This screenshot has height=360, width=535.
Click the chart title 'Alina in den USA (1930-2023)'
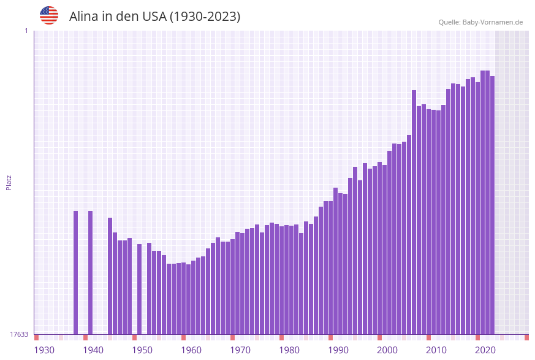point(154,17)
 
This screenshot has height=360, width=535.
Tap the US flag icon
point(49,15)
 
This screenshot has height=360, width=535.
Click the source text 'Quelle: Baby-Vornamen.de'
point(480,22)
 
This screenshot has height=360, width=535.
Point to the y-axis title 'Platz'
point(9,182)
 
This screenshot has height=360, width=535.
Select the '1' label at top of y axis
point(26,31)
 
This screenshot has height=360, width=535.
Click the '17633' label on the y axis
point(19,334)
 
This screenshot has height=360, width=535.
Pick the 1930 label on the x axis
point(44,350)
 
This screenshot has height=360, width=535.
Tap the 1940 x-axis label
point(93,350)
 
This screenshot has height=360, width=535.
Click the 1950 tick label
point(142,350)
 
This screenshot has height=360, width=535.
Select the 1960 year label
point(191,350)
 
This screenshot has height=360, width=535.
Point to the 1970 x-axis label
point(240,350)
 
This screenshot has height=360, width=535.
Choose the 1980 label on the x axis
point(289,350)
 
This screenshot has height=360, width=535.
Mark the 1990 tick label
point(338,350)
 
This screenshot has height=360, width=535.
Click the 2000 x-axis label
point(387,350)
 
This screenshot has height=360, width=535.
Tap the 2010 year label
point(436,350)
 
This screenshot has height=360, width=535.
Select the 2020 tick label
point(485,350)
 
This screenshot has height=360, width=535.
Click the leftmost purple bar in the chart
point(76,272)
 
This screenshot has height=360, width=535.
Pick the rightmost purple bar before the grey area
point(492,205)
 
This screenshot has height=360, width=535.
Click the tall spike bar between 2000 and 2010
point(414,212)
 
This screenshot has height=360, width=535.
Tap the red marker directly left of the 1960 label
point(183,337)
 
